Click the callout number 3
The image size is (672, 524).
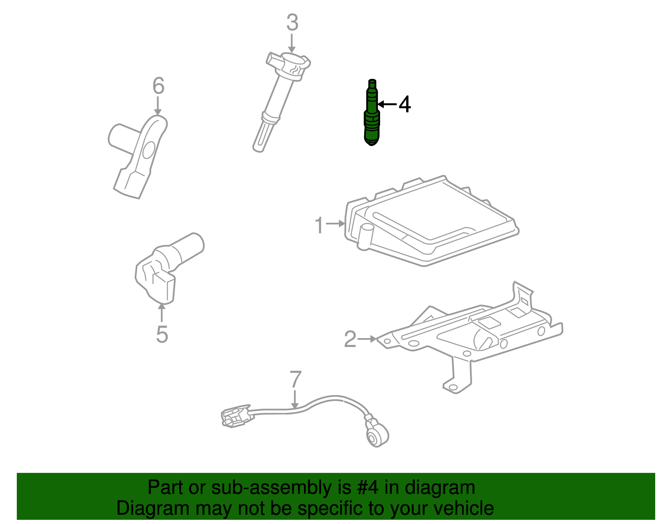(x=292, y=23)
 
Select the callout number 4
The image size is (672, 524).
(x=404, y=104)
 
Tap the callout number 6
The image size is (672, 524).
(x=158, y=86)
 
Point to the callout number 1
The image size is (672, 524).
(x=320, y=225)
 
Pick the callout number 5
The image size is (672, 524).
(x=162, y=334)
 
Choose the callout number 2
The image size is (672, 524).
(x=350, y=339)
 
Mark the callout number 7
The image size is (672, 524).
(x=296, y=380)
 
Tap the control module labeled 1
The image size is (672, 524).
(x=428, y=222)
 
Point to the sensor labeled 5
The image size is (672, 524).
(x=166, y=269)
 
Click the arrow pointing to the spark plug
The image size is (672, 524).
(x=387, y=104)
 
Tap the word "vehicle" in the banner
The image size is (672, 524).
(x=463, y=508)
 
